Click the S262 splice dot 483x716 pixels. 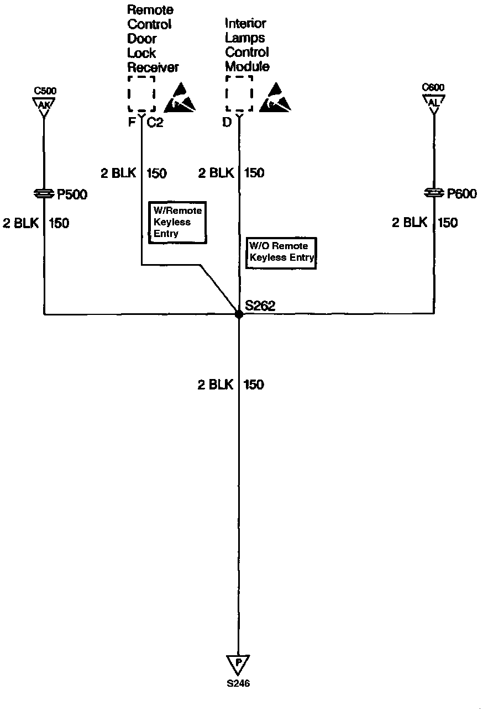(x=239, y=314)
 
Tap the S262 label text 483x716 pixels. (x=260, y=306)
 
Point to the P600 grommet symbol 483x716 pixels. (x=434, y=193)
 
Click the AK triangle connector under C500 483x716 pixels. (x=43, y=104)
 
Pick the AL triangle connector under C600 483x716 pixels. (x=434, y=102)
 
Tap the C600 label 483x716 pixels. (x=433, y=87)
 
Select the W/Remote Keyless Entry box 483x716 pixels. (x=177, y=222)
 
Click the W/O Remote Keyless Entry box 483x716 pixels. (x=281, y=253)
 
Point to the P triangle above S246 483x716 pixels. (x=238, y=662)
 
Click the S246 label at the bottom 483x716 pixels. (x=238, y=683)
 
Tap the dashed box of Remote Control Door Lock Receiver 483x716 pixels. (x=141, y=94)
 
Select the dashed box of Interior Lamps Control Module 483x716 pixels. (x=239, y=94)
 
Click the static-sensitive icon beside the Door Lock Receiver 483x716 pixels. (x=183, y=97)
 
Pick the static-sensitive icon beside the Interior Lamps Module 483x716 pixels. (x=279, y=97)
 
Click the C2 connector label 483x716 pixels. (x=155, y=123)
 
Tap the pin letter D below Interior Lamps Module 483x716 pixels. (x=227, y=123)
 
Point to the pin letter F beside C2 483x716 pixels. (x=132, y=123)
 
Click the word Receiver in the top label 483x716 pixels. (x=153, y=67)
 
